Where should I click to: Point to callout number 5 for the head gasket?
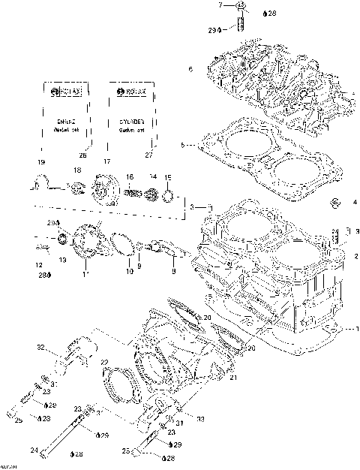[x=182, y=144]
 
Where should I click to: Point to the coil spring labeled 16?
[x=133, y=193]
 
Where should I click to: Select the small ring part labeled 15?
[x=169, y=199]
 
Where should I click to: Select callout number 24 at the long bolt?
[x=33, y=450]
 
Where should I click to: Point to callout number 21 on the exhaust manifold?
[x=233, y=378]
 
